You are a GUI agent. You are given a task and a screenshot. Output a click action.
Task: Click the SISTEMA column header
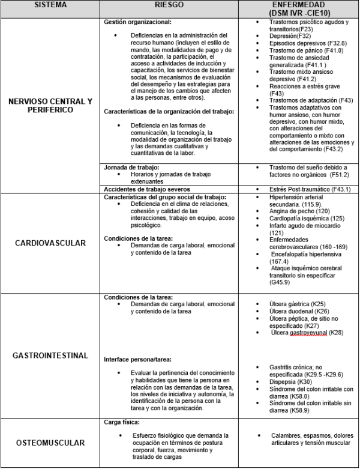coord(50,5)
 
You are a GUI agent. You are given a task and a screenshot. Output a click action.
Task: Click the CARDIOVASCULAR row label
coord(51,243)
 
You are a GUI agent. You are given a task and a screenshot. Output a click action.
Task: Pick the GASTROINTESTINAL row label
coord(51,356)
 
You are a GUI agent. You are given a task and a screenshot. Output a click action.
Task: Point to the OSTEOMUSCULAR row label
coord(51,443)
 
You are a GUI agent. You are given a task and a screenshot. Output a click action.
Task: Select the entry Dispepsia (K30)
coord(284,381)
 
